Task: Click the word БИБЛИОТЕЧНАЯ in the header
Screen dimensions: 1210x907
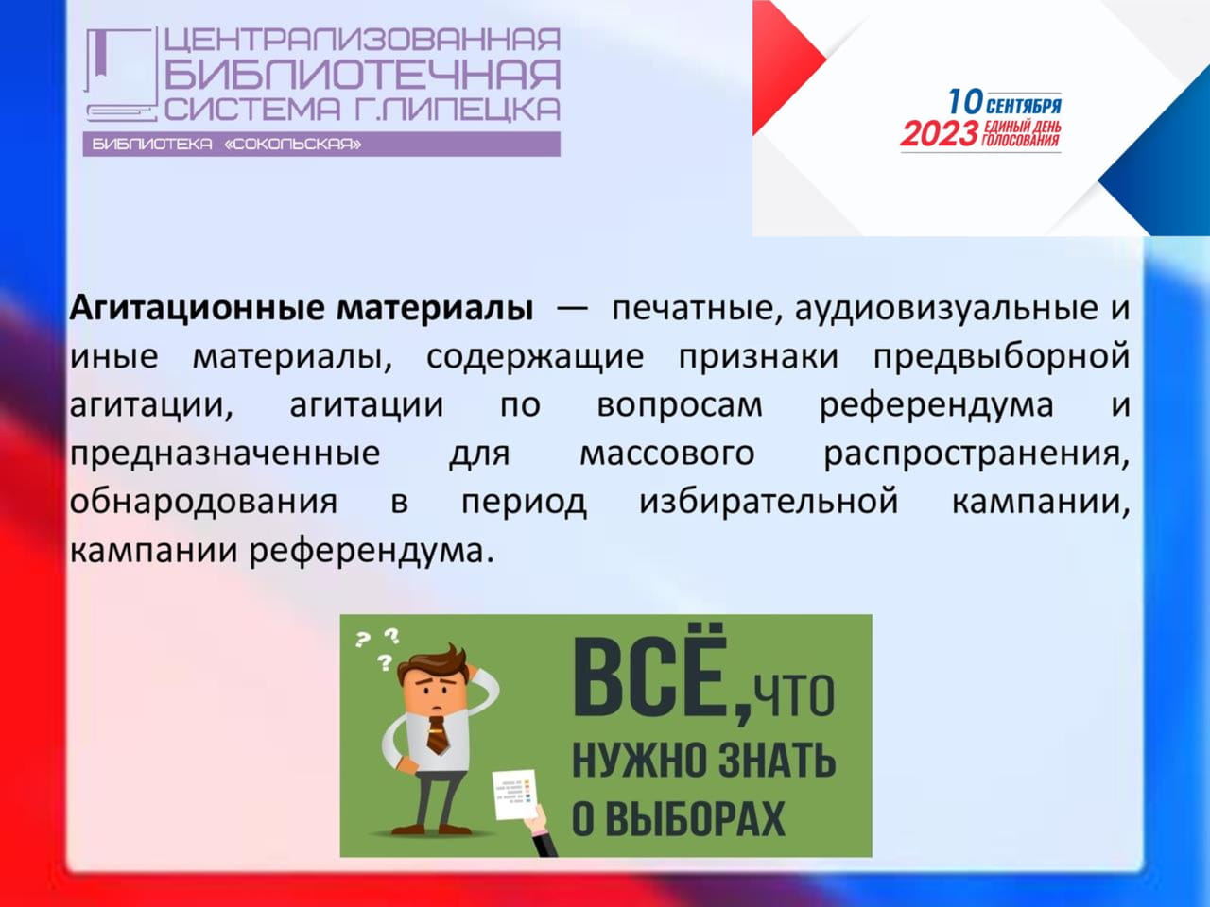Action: pos(362,75)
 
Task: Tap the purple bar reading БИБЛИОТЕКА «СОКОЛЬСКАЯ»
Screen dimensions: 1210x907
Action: pos(321,145)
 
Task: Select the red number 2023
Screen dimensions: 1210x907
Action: pos(939,135)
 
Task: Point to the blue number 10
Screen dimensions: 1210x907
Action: pos(965,102)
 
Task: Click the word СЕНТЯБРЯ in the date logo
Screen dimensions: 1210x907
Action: pos(1024,106)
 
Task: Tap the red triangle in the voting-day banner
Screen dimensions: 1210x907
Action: pos(788,67)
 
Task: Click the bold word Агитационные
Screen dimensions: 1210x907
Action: pos(198,309)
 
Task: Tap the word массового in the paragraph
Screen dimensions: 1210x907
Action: pos(667,454)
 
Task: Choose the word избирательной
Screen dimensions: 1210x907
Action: pos(769,503)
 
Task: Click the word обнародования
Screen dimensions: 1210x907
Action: pos(203,503)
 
